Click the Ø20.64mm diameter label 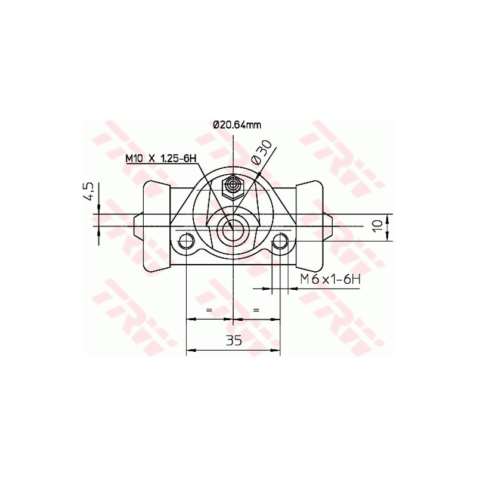(x=237, y=125)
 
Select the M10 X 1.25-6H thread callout (x=160, y=158)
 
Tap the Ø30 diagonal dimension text (x=262, y=153)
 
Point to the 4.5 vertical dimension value (x=88, y=192)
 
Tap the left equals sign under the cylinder (x=209, y=311)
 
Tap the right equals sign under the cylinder (x=256, y=311)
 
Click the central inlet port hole (x=232, y=227)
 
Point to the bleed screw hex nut (x=232, y=187)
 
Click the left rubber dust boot (x=156, y=227)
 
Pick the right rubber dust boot (x=310, y=227)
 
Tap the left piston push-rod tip (x=137, y=227)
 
